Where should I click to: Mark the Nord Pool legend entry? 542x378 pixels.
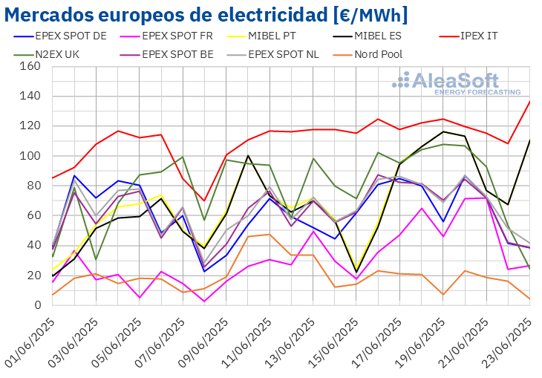point(385,53)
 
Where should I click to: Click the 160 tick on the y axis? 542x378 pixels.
point(30,66)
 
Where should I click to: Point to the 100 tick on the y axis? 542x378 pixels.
point(30,156)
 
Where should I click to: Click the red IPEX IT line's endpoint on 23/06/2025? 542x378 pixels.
point(529,101)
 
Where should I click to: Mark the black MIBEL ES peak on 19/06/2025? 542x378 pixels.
point(443,131)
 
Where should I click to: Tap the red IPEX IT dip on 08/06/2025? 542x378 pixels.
point(205,201)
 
